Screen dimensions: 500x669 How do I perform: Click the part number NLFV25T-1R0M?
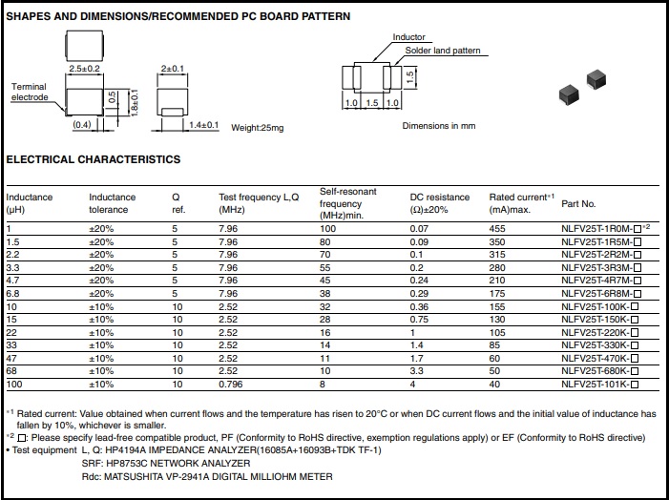tap(596, 229)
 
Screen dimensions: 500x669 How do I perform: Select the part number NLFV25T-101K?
tap(596, 384)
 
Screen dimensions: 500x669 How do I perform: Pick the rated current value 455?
tap(498, 229)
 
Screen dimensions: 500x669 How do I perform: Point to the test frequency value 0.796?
tap(230, 384)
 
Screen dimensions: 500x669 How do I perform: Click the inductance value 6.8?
tap(14, 294)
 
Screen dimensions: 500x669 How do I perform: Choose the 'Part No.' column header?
tap(578, 204)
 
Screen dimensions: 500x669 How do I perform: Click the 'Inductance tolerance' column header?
tap(113, 203)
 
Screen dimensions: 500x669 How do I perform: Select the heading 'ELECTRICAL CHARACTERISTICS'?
tap(94, 160)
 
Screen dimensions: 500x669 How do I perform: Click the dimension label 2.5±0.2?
tap(85, 70)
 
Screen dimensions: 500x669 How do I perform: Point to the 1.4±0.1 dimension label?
tap(204, 125)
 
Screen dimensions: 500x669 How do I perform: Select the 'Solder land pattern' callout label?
tap(443, 51)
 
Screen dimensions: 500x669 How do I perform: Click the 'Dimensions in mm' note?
tap(439, 126)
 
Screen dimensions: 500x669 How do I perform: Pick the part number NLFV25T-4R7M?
tap(596, 281)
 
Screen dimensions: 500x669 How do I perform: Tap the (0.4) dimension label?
tap(81, 125)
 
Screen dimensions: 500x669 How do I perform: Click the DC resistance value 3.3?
tap(416, 371)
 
